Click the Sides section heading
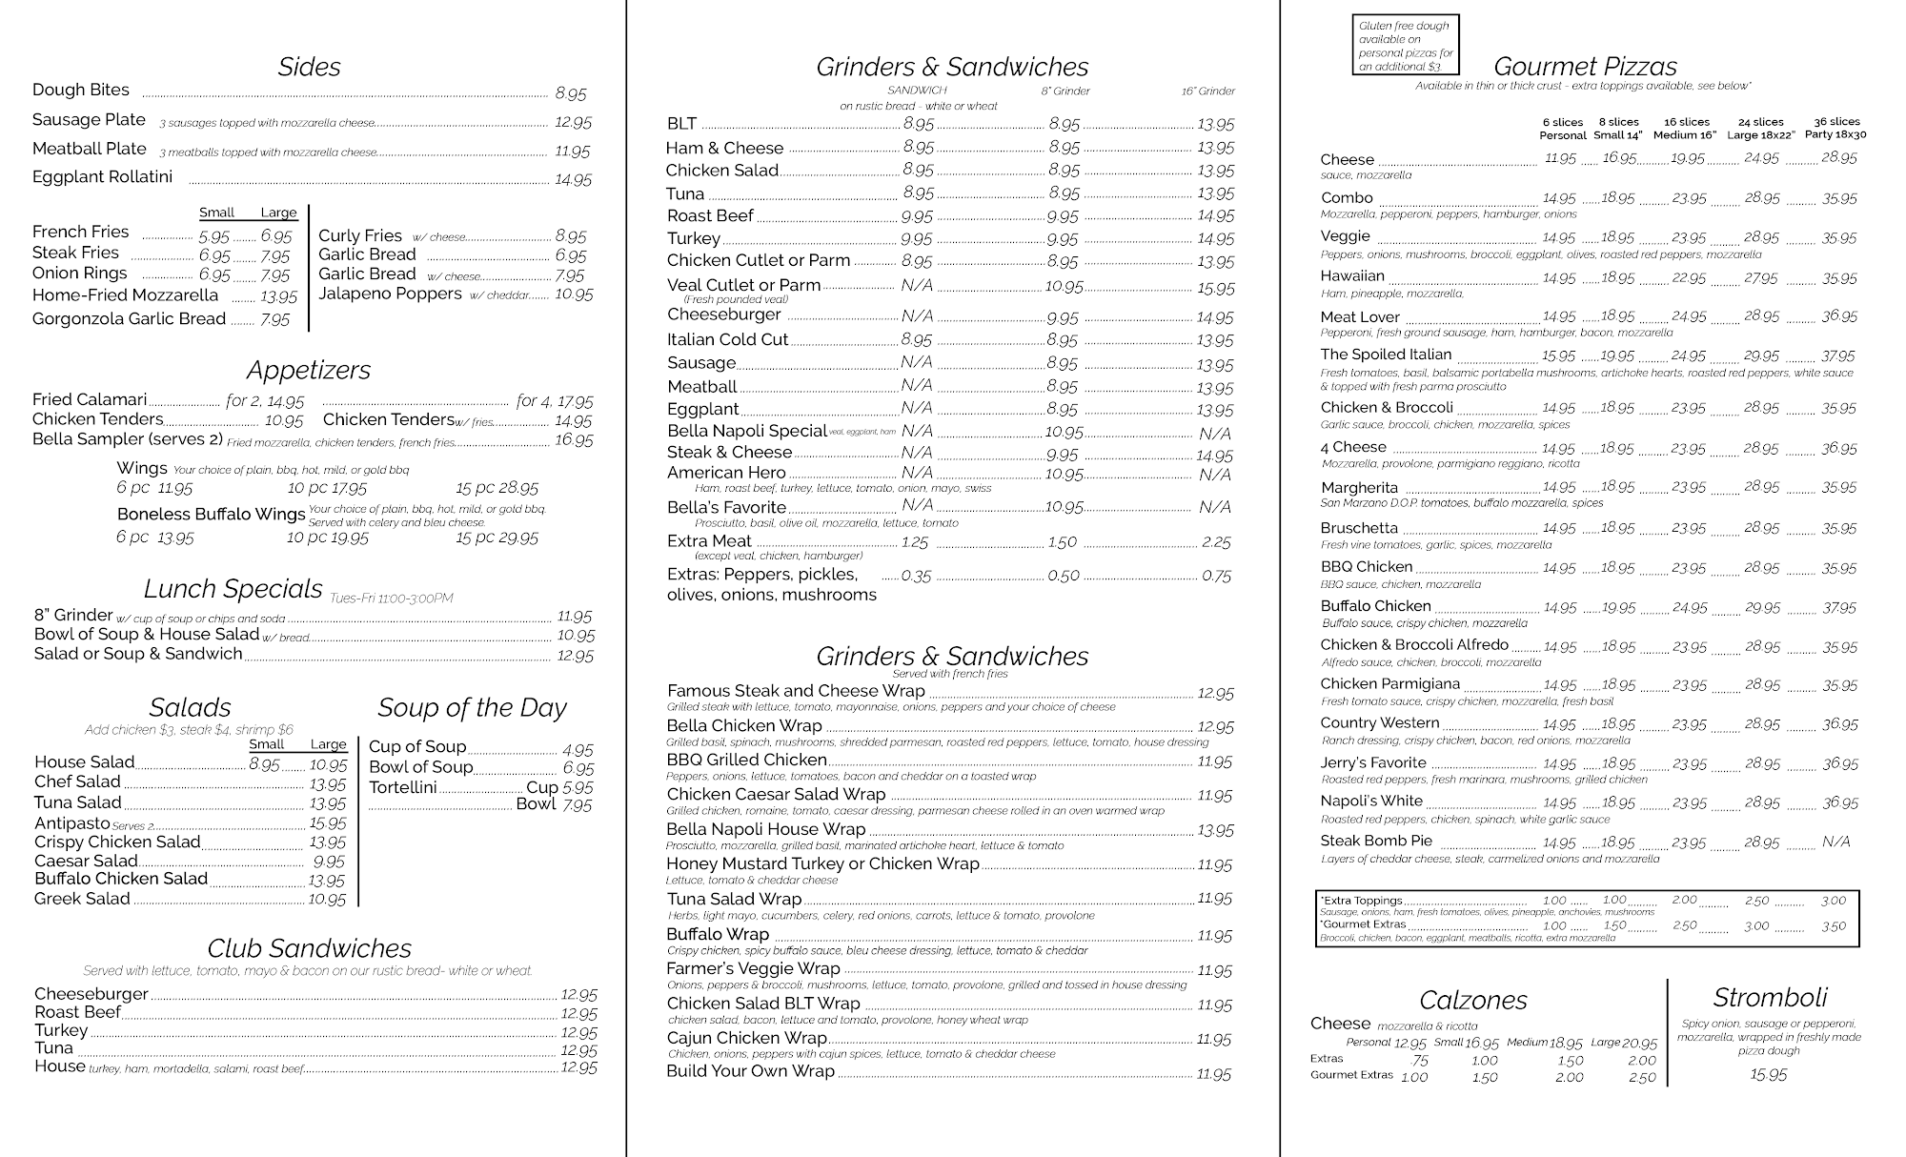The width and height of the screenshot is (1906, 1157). [x=309, y=67]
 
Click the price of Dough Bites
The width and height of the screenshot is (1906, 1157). [x=571, y=93]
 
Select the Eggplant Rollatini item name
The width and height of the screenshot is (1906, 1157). [x=103, y=177]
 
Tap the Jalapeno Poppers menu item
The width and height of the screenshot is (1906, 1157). [x=390, y=294]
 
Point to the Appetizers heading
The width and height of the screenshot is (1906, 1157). [x=309, y=370]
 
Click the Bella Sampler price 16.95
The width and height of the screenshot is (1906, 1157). [x=574, y=440]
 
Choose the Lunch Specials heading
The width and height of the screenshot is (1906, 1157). [x=233, y=588]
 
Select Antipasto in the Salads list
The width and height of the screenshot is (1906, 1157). [x=72, y=823]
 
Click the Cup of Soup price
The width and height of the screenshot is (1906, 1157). [x=578, y=750]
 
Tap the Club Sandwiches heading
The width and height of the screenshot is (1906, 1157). [x=310, y=948]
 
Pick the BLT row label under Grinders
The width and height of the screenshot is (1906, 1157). [x=682, y=124]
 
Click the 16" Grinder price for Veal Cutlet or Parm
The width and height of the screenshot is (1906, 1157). [x=1215, y=288]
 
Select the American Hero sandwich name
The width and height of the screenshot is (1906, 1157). [x=726, y=473]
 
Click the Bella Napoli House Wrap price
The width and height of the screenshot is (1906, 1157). [x=1215, y=830]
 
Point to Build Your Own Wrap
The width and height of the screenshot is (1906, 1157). [x=750, y=1071]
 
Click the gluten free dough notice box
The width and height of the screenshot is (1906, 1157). [x=1406, y=46]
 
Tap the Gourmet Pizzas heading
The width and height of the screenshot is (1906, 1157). [x=1585, y=67]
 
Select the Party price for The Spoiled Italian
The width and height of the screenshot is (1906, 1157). [x=1838, y=356]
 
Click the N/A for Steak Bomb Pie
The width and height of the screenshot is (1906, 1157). [x=1835, y=842]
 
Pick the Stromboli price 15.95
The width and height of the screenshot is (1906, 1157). [x=1769, y=1075]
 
